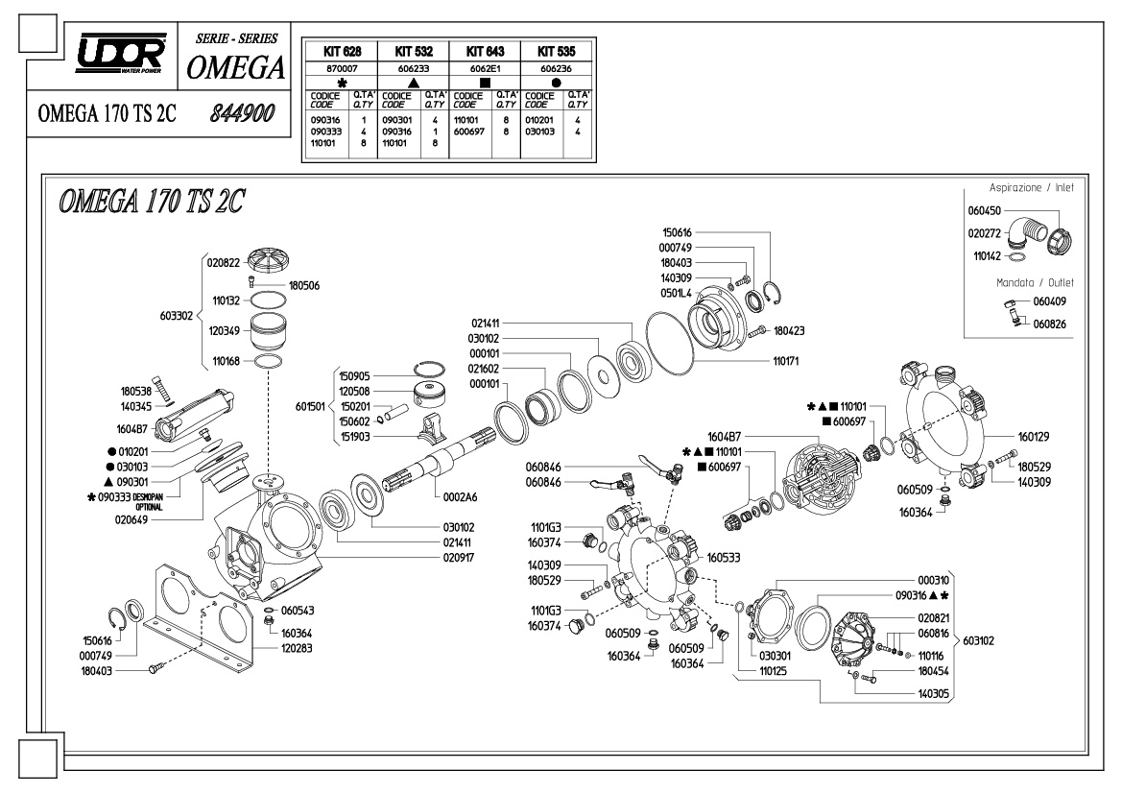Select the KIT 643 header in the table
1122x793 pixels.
485,52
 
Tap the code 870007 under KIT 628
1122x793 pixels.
342,69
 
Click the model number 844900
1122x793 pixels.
242,113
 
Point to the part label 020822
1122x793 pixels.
224,263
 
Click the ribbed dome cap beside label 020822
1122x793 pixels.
272,260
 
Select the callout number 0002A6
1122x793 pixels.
460,496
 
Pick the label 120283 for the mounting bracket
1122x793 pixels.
297,648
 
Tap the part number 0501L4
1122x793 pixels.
677,294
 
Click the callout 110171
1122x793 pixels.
786,361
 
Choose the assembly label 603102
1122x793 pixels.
978,640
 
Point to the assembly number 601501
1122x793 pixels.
310,406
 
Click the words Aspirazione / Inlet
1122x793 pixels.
1031,187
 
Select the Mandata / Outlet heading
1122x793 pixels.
1035,282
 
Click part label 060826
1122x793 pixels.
1049,324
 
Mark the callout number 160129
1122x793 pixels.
1034,437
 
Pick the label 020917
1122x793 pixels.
459,558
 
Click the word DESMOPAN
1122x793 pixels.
148,496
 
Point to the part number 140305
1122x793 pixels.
933,693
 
